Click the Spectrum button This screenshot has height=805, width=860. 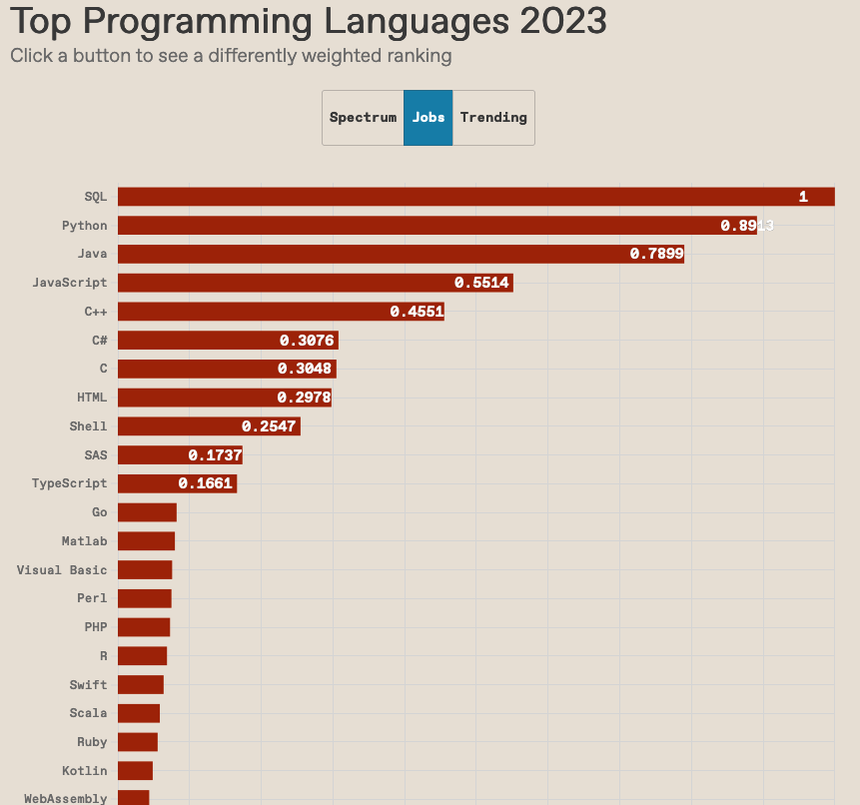coord(363,118)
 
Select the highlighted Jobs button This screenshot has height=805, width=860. coord(429,118)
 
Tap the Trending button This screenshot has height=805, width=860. coord(493,118)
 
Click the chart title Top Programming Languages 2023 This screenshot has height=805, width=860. coord(309,21)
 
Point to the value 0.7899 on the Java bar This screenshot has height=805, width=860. coord(656,254)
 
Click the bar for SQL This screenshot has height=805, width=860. coord(475,197)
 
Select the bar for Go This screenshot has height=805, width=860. coord(147,512)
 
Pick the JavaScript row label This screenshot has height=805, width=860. coord(69,283)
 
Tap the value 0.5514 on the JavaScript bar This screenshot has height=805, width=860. coord(481,283)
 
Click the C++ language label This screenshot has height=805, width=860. coord(96,312)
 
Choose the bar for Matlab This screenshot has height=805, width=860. coord(146,541)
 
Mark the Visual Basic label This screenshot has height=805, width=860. coord(62,570)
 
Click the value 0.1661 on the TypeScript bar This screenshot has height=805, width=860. coord(205,483)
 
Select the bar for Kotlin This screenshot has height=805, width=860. coord(135,771)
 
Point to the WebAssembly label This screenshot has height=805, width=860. coord(65,799)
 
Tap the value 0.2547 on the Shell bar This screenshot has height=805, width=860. coord(269,426)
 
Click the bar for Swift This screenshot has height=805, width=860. coord(140,685)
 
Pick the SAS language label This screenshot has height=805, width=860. coord(96,455)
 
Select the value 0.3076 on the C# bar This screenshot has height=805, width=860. coord(307,341)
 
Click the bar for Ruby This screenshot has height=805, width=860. coord(138,742)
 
